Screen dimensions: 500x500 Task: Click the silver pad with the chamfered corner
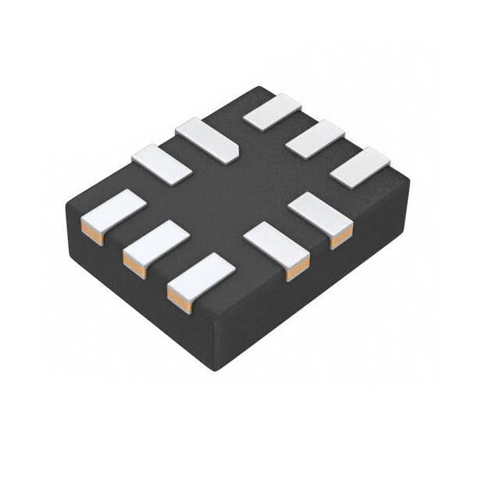tap(206, 139)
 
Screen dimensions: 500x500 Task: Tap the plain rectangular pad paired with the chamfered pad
tap(162, 165)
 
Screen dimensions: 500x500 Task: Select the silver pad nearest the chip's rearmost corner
tap(272, 111)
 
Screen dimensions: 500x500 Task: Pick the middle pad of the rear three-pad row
tap(316, 138)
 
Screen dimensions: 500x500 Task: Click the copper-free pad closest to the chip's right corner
tap(359, 166)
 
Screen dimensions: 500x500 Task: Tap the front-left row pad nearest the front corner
tap(201, 274)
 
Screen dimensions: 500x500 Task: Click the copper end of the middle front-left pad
tap(134, 265)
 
